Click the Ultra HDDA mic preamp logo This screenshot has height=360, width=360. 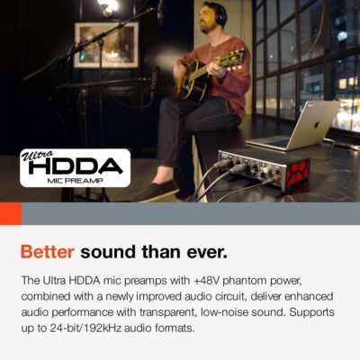click(75, 168)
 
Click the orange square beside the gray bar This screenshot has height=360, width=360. click(10, 213)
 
